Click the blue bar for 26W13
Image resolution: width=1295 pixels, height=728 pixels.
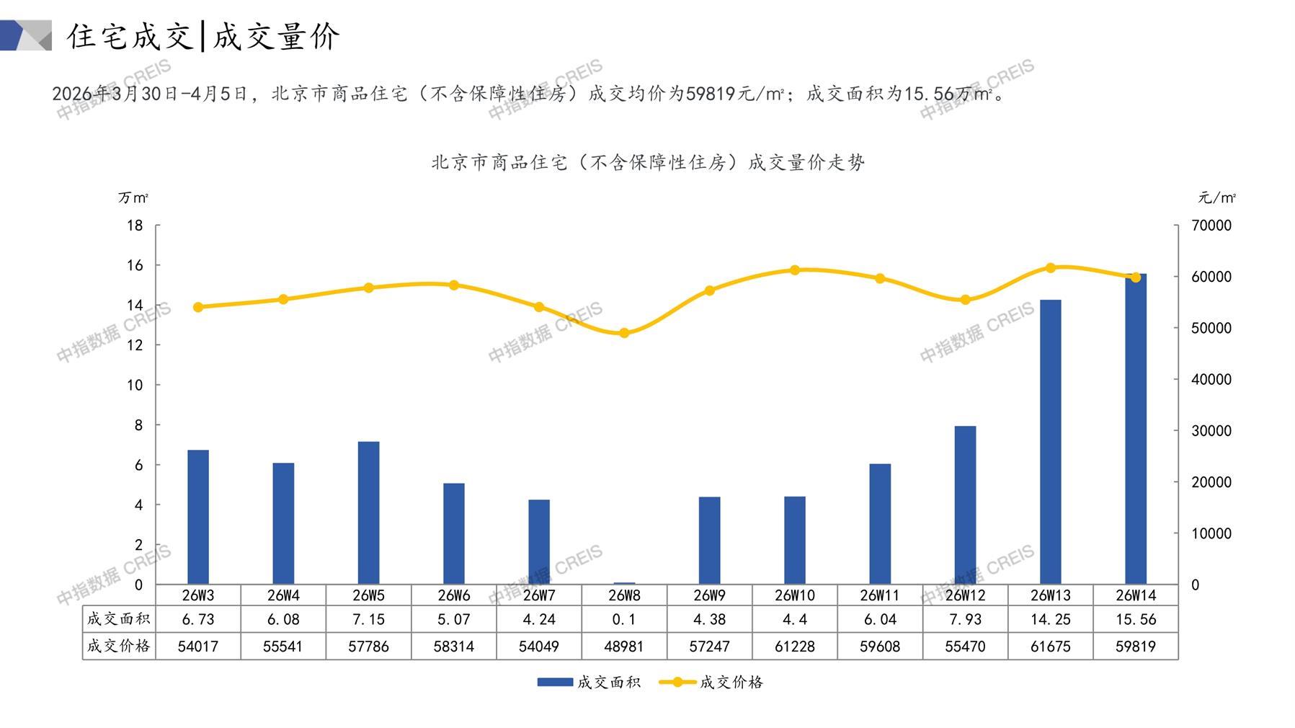1050,441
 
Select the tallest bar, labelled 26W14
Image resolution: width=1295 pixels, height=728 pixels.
1135,429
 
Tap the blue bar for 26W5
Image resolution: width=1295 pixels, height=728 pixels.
368,512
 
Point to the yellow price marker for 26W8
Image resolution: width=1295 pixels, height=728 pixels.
624,333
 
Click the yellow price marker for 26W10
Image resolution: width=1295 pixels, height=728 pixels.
795,270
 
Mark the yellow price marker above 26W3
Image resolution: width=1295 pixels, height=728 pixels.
198,307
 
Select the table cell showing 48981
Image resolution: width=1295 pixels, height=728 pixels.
624,647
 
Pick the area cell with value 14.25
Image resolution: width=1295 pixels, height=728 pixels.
1050,619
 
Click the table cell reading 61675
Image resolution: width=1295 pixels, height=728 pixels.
1050,647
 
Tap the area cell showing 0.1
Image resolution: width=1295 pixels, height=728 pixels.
624,619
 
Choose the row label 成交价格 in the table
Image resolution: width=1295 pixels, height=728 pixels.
119,646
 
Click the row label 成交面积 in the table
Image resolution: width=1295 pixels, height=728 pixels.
119,618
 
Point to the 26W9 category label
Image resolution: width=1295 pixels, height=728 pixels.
709,595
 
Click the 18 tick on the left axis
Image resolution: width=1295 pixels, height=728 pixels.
135,226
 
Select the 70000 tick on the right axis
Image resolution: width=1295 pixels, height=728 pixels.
1211,226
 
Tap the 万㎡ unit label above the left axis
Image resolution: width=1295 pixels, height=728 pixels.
133,197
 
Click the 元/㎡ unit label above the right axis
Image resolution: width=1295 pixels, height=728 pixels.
1216,197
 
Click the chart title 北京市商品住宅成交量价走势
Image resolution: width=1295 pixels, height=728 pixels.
648,163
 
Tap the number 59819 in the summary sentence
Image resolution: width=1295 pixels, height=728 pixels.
711,94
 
